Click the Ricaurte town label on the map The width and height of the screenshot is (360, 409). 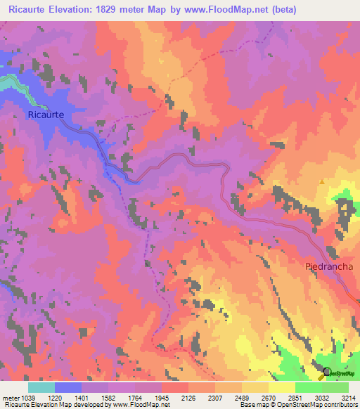coord(46,114)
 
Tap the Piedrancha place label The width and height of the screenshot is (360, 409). coord(330,266)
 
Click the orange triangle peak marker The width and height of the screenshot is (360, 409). coord(322,181)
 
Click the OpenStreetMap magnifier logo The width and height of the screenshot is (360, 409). coord(326,372)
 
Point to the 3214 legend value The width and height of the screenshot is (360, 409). coord(349,398)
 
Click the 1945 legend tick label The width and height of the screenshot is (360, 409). coord(162,398)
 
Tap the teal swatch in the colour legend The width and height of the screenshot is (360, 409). coord(41,387)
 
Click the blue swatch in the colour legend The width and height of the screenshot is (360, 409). coord(68,387)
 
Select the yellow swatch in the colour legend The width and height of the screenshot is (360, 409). coord(282,387)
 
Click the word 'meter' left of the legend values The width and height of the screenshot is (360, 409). coord(11,398)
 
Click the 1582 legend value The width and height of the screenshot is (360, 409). coord(108,398)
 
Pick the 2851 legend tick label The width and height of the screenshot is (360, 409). coord(295,398)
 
